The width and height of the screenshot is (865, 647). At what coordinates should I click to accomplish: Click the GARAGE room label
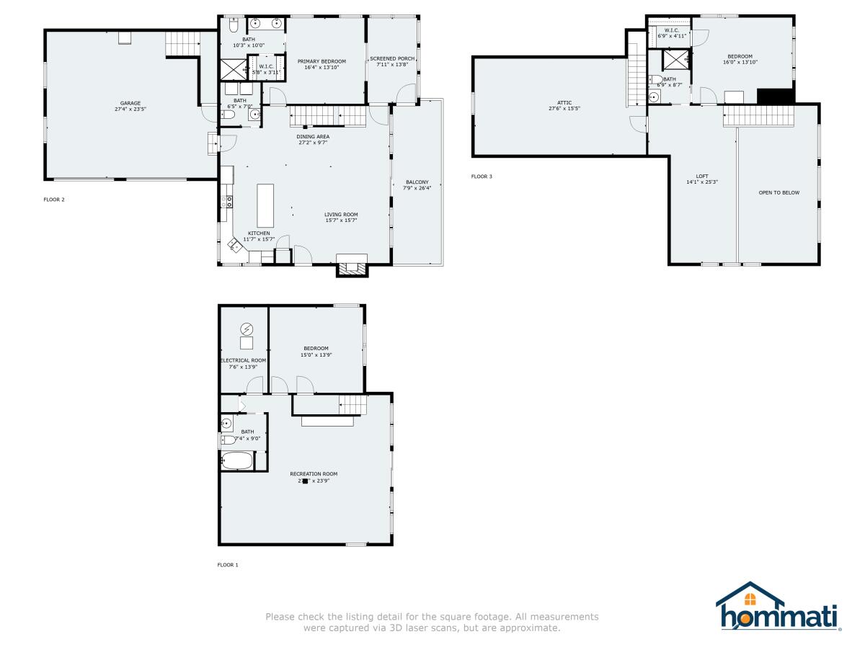(130, 103)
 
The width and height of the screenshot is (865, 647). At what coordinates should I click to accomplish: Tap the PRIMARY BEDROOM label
(321, 61)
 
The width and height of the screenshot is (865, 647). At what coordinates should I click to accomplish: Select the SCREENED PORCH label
(392, 58)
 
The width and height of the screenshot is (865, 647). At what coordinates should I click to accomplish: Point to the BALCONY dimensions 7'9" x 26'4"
(417, 188)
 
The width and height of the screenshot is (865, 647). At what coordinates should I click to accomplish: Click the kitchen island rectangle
(265, 204)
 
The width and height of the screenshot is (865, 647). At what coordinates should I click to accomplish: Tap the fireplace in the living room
(352, 267)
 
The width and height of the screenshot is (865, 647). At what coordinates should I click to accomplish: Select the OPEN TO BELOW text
(778, 192)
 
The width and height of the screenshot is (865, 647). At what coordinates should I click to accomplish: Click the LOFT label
(701, 176)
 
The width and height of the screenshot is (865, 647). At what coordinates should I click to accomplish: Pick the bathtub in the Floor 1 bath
(236, 461)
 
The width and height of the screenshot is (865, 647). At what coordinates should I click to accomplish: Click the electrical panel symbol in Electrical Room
(247, 329)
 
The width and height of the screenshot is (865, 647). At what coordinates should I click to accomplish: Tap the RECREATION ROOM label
(314, 473)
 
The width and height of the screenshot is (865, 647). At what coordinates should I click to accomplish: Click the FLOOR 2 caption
(54, 200)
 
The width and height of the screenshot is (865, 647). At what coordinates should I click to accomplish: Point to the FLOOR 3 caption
(482, 176)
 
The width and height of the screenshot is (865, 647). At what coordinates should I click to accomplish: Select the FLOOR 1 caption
(228, 565)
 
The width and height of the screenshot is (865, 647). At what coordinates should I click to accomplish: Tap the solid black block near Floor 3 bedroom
(776, 97)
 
